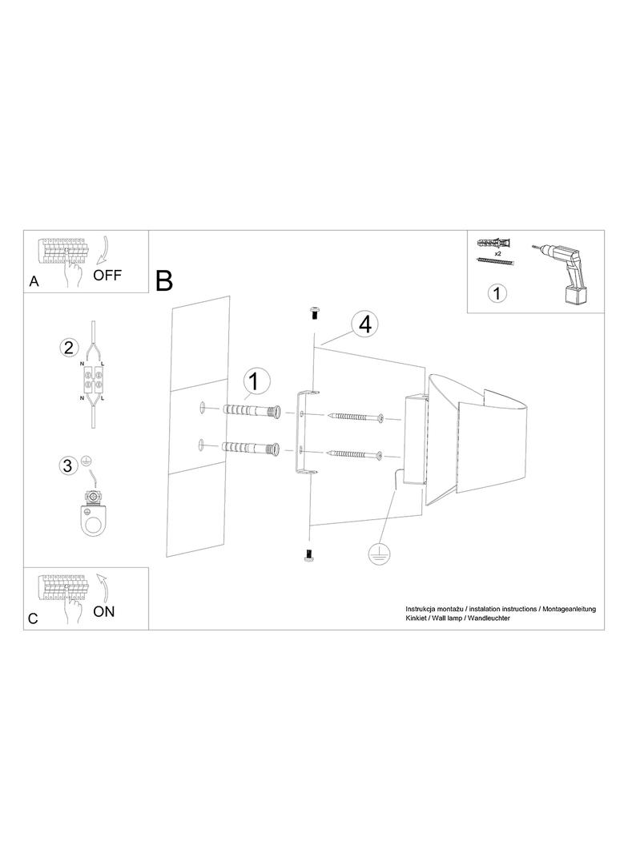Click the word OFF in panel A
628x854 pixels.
(107, 275)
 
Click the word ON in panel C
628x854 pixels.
(104, 611)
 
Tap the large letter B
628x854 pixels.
(164, 280)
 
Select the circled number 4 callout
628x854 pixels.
(365, 324)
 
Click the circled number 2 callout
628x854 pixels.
(69, 348)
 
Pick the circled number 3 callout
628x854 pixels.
(67, 465)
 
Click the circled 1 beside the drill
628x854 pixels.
(497, 293)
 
